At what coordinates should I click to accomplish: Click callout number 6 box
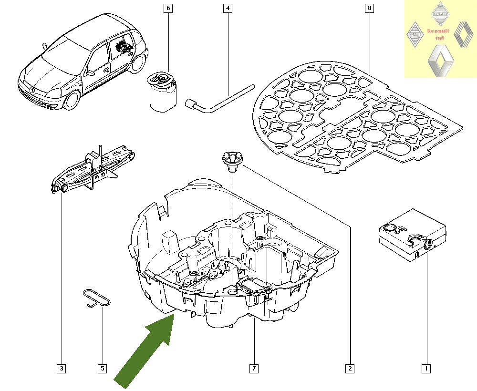click(167, 8)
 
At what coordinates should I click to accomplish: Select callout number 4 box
click(228, 8)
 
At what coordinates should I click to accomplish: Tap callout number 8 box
click(370, 8)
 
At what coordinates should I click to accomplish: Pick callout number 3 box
click(61, 368)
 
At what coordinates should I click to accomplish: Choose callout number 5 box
click(103, 368)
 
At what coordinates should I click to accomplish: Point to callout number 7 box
click(254, 368)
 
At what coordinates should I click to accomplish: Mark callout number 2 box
click(350, 368)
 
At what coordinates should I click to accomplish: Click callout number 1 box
click(426, 368)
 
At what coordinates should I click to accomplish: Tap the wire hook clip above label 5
click(97, 298)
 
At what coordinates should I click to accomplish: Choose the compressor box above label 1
click(412, 237)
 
